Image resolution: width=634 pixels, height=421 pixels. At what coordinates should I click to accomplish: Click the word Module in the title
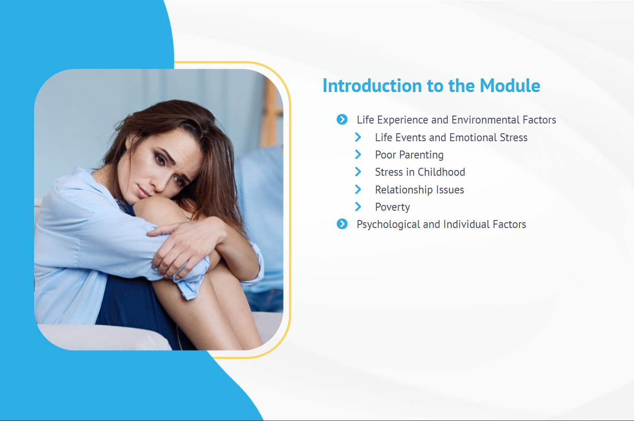(x=510, y=85)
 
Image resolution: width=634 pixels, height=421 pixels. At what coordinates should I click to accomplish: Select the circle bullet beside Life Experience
(x=342, y=120)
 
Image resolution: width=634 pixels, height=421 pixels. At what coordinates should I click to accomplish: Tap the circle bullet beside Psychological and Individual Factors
(x=342, y=224)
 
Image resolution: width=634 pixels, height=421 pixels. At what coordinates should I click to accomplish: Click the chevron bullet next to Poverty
(x=358, y=207)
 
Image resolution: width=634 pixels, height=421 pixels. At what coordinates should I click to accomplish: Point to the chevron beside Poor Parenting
(x=358, y=154)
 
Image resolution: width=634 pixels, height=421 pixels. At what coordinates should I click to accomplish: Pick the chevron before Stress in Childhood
(x=358, y=172)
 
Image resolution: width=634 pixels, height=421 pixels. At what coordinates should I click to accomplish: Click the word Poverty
(x=392, y=207)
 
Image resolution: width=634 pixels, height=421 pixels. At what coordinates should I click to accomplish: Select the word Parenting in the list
(x=422, y=155)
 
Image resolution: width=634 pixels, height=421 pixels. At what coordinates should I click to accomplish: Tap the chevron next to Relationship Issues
(x=358, y=189)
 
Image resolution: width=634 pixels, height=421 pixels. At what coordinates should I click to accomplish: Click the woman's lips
(x=144, y=193)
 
